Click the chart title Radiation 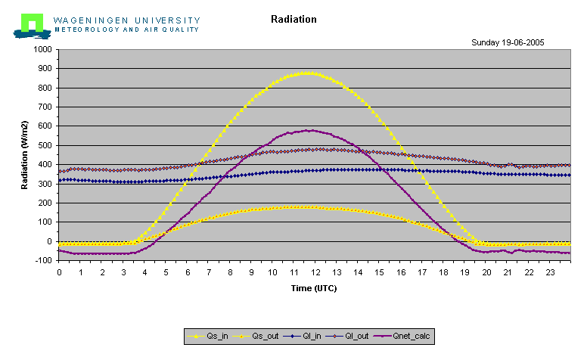(x=293, y=19)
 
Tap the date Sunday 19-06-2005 (x=508, y=42)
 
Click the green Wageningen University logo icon (x=32, y=26)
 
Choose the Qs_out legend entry (x=256, y=336)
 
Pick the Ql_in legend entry (x=302, y=336)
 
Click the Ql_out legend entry (x=347, y=336)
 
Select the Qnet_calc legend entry (x=402, y=336)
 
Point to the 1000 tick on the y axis (x=42, y=49)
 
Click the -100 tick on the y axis (x=43, y=260)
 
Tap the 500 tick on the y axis (x=45, y=145)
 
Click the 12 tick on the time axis (x=315, y=272)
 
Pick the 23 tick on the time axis (x=550, y=272)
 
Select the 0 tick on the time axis (x=59, y=272)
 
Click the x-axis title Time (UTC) (x=314, y=288)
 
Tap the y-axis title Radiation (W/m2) (x=25, y=155)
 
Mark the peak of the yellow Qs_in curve (x=307, y=73)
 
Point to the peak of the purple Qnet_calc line (x=307, y=130)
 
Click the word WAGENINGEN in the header (x=91, y=20)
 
